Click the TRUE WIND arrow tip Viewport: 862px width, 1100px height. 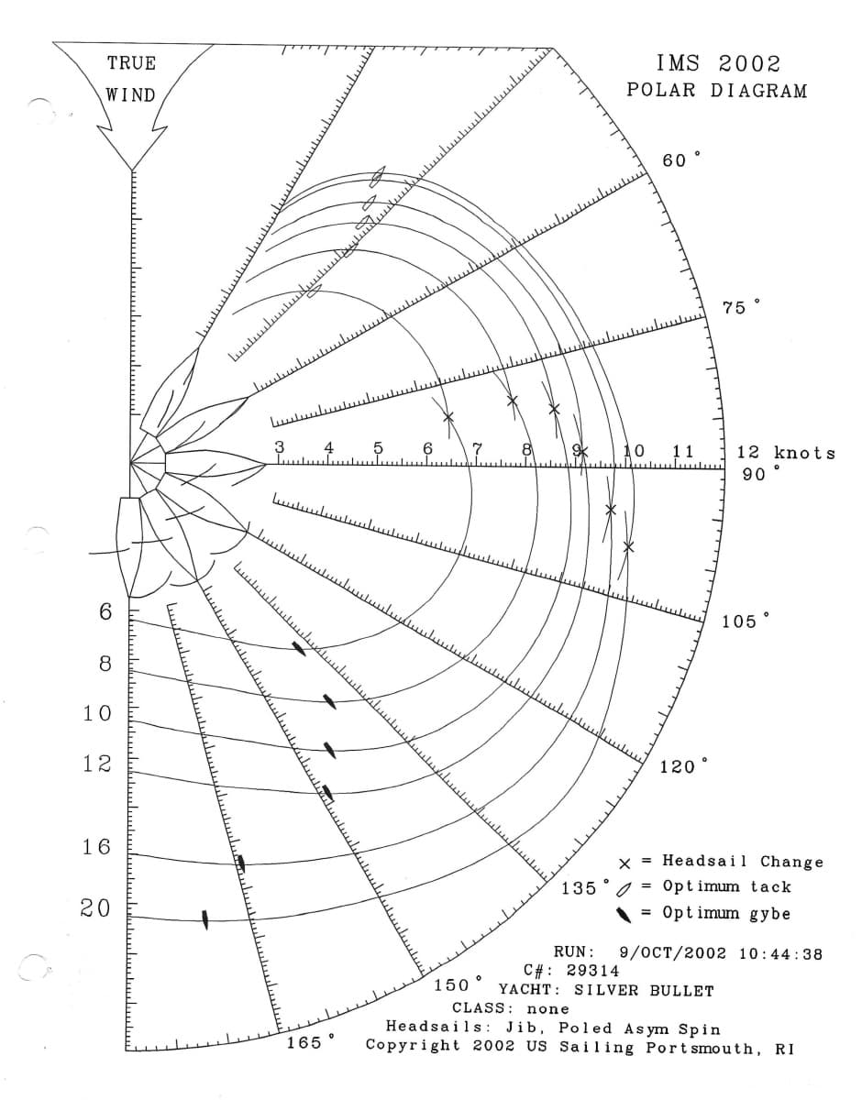pos(132,170)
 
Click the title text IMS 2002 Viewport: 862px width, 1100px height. pos(718,64)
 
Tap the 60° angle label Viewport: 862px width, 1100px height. pos(681,160)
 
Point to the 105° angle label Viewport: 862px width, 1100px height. pos(745,621)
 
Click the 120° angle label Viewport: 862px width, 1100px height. pos(683,766)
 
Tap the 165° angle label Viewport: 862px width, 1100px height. pos(311,1043)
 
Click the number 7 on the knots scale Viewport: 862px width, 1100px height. pos(477,448)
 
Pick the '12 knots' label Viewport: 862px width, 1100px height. pos(786,452)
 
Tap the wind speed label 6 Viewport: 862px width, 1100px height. pos(105,612)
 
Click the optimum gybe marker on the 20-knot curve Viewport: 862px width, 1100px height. pos(205,919)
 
